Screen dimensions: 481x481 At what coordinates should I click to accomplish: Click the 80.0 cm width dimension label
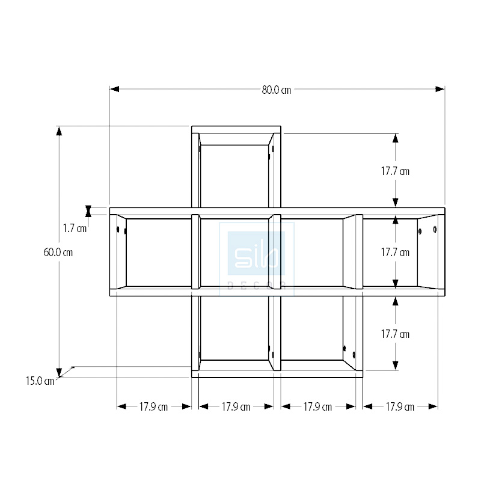(277, 90)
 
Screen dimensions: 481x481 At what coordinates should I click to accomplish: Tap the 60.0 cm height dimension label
(58, 252)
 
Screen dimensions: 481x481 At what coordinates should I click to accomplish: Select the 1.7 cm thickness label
(75, 228)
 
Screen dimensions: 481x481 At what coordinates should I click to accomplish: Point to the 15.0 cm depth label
(40, 381)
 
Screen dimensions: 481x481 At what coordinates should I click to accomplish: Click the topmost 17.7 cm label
(395, 171)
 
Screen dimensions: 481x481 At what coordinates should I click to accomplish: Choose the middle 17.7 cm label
(395, 252)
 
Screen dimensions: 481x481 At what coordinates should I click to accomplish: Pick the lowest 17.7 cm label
(395, 334)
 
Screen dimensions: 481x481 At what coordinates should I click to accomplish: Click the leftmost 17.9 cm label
(153, 407)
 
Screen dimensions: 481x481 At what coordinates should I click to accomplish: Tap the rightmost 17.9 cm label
(400, 407)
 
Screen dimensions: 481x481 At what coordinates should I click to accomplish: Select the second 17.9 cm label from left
(236, 407)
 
